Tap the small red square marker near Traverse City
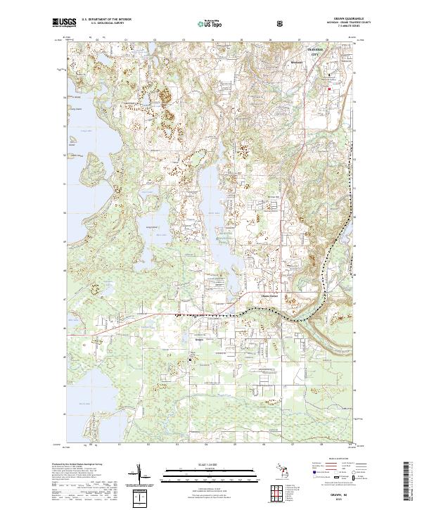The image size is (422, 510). pos(328,89)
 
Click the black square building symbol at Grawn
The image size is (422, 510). pos(190,359)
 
